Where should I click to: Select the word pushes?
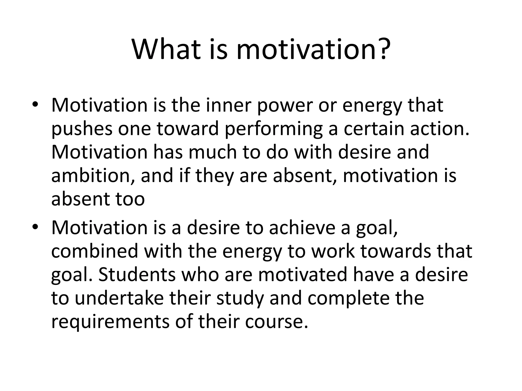click(82, 129)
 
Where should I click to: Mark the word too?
click(130, 199)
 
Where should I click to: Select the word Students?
click(137, 274)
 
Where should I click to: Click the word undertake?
click(119, 298)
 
